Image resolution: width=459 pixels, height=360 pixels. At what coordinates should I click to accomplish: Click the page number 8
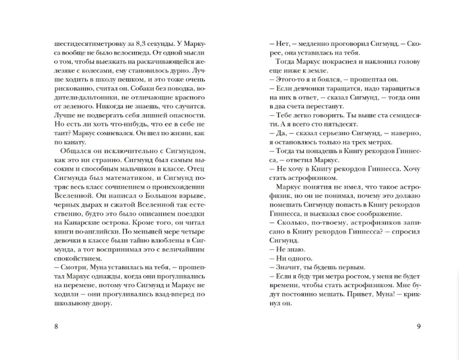tap(56, 326)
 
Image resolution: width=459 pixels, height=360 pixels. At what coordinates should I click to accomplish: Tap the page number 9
tap(418, 326)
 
